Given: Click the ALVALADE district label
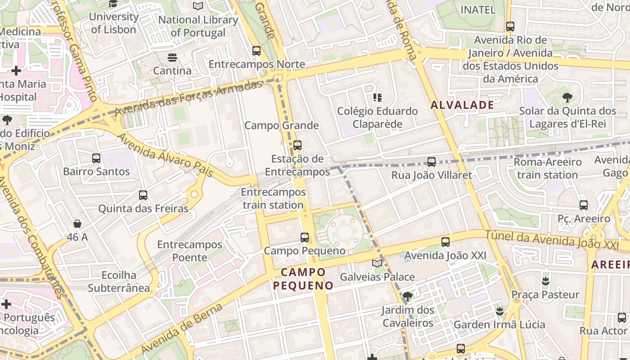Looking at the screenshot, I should [x=462, y=105].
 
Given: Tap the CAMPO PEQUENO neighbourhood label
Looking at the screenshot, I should [x=303, y=279].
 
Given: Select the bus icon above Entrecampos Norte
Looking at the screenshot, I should [x=256, y=51].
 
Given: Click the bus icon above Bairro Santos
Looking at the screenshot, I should [x=96, y=158].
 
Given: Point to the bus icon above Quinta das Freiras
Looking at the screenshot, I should [x=143, y=195].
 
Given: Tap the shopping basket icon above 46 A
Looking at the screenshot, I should [x=77, y=224].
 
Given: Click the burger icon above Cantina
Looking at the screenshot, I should [x=172, y=58].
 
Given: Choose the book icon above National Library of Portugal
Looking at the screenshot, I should [x=198, y=6].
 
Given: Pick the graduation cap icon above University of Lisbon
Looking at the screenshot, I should [x=113, y=4].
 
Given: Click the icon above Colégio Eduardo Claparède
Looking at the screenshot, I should [x=378, y=97].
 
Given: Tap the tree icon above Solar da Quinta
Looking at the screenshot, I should [x=567, y=97].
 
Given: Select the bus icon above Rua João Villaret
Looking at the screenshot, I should [x=432, y=162].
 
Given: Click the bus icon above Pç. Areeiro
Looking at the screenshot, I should [x=584, y=205].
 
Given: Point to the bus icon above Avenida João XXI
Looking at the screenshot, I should [x=445, y=242].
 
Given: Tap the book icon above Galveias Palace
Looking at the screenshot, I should [x=377, y=263].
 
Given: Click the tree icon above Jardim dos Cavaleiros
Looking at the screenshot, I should [x=408, y=297].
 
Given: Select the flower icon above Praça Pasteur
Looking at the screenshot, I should [x=545, y=281].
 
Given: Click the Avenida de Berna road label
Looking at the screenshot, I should [x=182, y=329].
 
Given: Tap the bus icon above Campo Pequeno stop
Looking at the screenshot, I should [x=305, y=237].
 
